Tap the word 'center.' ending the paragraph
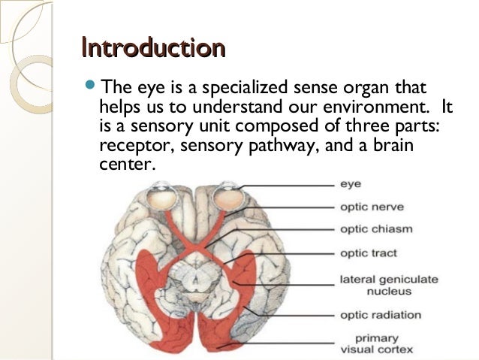click(x=125, y=164)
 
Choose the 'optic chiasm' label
click(x=375, y=228)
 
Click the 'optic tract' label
click(x=368, y=253)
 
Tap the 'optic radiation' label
click(x=380, y=314)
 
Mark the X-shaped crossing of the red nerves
click(x=197, y=244)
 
